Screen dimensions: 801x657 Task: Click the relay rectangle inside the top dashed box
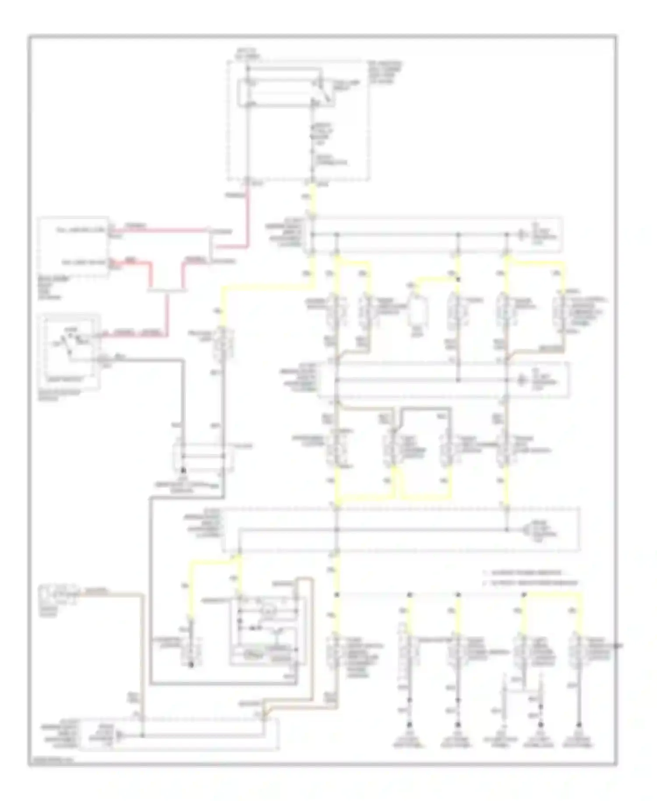click(x=280, y=92)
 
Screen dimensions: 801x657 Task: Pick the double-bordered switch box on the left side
click(x=70, y=350)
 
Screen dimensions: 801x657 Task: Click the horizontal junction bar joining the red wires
click(x=166, y=290)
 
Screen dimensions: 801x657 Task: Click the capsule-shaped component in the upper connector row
click(x=414, y=312)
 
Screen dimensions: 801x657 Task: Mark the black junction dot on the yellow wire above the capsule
click(x=458, y=279)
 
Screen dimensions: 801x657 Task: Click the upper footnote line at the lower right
click(x=523, y=573)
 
